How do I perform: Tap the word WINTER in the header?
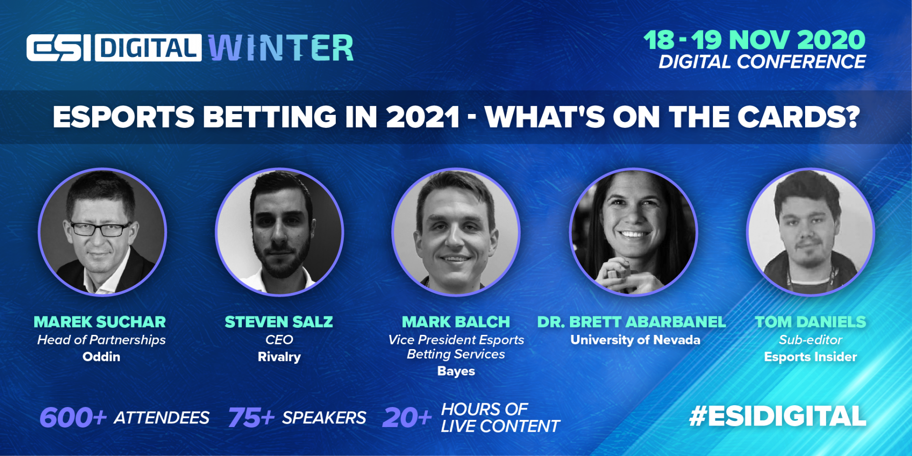[x=281, y=48]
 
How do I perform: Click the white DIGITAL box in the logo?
[x=148, y=48]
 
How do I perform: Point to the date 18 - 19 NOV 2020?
[x=754, y=40]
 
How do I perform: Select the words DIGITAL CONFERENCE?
[x=762, y=62]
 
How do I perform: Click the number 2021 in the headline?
[x=423, y=117]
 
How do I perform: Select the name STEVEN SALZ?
[x=279, y=322]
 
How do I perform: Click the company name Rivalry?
[x=279, y=357]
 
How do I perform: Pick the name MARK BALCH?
[x=456, y=322]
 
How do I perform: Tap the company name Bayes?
[x=456, y=371]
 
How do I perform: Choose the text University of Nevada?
[x=635, y=340]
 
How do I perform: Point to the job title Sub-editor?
[x=810, y=340]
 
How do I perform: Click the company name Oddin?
[x=101, y=357]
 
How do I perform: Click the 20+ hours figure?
[x=407, y=418]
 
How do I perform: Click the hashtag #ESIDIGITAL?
[x=778, y=417]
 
